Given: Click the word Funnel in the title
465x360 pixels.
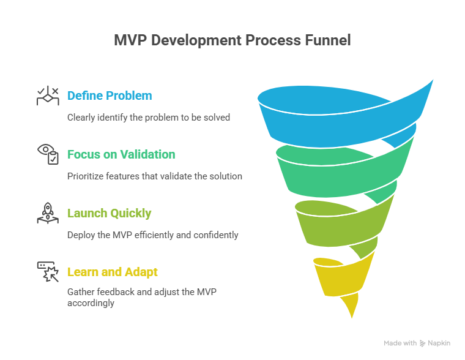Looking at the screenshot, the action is click(328, 40).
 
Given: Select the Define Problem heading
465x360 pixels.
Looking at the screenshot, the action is click(110, 96).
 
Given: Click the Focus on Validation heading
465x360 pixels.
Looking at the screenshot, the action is click(121, 154).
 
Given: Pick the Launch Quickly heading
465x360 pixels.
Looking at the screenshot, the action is click(110, 213).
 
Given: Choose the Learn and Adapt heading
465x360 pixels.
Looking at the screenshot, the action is click(113, 272).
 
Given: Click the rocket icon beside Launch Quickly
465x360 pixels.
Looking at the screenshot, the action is click(48, 213).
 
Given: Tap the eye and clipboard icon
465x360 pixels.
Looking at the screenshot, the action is click(48, 154).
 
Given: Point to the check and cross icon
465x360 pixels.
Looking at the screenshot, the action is click(48, 96).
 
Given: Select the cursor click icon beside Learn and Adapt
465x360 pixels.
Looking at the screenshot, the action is click(48, 272).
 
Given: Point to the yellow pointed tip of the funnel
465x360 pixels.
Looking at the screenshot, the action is click(352, 318).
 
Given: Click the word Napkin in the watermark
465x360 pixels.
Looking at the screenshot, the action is click(439, 343).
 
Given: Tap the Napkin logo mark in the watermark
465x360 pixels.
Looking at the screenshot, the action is click(422, 343).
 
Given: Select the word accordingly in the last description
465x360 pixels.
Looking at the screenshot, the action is click(91, 303).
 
